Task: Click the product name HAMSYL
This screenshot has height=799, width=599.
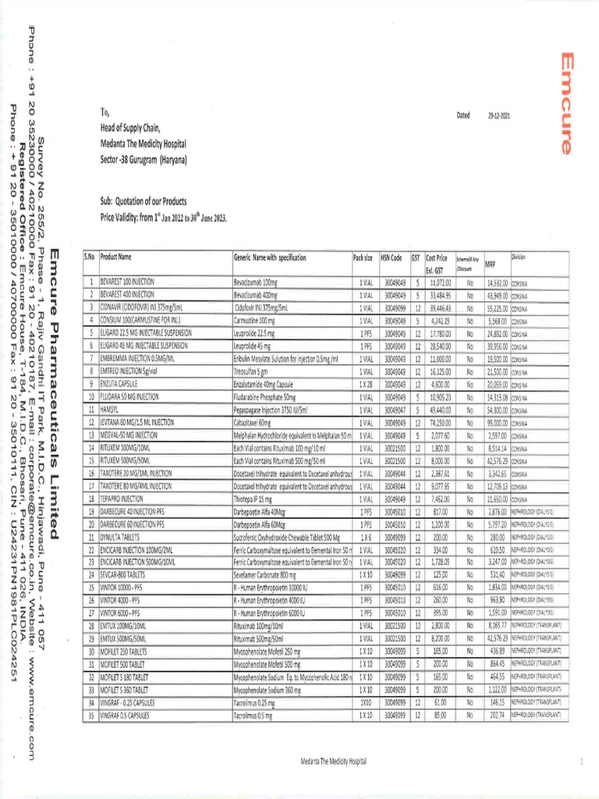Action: pyautogui.click(x=108, y=409)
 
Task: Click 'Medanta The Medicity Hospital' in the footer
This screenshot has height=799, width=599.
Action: pyautogui.click(x=332, y=761)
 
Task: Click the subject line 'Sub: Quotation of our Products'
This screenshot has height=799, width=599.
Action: pyautogui.click(x=152, y=201)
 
